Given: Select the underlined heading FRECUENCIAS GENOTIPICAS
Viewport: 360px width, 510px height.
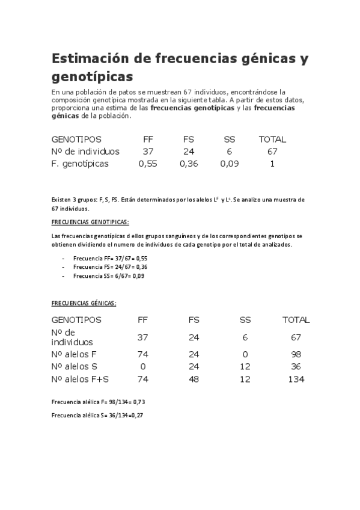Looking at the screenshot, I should pos(90,222).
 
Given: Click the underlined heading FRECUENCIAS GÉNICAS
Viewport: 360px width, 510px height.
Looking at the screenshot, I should pos(84,303).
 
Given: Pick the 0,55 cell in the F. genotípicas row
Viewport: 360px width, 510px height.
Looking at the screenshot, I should pos(147,164).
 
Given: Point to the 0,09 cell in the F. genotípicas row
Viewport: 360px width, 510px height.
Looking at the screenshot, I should pos(230,164).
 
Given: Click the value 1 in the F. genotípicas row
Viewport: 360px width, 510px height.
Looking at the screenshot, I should pos(272,164).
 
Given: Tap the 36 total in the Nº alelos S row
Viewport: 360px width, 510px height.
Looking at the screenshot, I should pos(296,366).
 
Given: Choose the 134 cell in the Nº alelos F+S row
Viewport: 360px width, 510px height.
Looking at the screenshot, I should pos(296,379).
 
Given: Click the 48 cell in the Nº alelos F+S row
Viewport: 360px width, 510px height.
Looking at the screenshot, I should pos(194,379).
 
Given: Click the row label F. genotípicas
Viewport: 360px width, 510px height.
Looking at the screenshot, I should pos(80,164).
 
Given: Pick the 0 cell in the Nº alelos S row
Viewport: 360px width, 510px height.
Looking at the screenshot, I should pos(143,366).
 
